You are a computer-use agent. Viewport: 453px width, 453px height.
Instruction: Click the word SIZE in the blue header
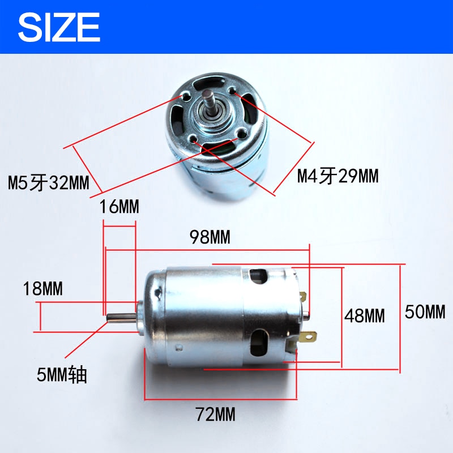pyautogui.click(x=59, y=26)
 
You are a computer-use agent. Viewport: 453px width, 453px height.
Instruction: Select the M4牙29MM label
pyautogui.click(x=337, y=177)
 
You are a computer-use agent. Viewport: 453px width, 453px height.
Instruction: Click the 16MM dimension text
pyautogui.click(x=119, y=207)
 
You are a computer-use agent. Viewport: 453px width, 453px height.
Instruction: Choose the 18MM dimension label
pyautogui.click(x=43, y=289)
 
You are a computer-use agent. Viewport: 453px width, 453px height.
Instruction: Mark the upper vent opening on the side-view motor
pyautogui.click(x=258, y=277)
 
